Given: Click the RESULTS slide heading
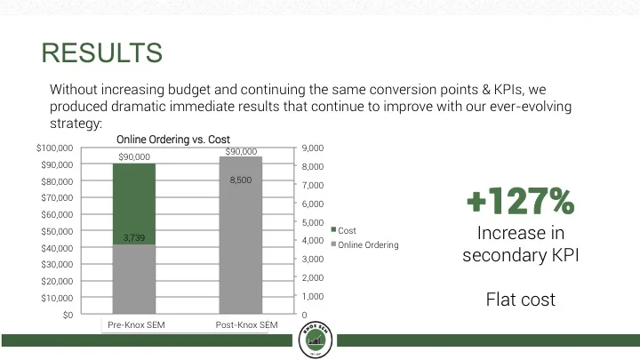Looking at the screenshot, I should pos(102,53).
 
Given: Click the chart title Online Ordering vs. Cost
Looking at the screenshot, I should pos(173,140).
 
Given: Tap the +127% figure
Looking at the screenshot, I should pos(520,203).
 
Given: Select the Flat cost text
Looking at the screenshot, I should pos(520,300).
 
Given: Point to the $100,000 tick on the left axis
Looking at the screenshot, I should pos(55,148).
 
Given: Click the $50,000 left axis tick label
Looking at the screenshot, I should pos(57,231).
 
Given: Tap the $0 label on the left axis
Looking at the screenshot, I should pos(68,315).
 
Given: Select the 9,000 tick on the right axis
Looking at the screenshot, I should pos(314,148).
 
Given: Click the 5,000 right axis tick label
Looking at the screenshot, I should pos(314,222).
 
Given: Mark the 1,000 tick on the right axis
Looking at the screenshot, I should pos(314,296).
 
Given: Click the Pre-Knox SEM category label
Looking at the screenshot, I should pos(136,325).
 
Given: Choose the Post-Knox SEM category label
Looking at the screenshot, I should pos(246,325).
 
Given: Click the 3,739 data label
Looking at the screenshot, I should pos(133,237).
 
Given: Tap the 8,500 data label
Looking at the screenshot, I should pos(241,180).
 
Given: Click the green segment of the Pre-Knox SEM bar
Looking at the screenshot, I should pos(134,200).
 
